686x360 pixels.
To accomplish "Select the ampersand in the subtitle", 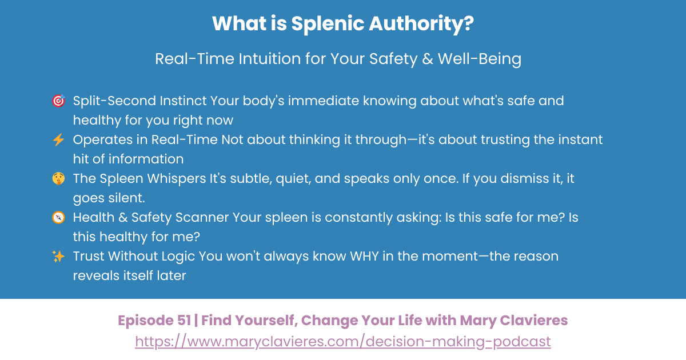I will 426,59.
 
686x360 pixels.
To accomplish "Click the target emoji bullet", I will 58,102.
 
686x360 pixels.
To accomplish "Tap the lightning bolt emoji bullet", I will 58,140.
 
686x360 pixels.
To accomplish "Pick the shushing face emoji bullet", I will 58,179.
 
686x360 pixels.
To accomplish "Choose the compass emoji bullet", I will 58,218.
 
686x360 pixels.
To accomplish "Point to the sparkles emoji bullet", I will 58,257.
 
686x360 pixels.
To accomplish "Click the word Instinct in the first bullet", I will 185,101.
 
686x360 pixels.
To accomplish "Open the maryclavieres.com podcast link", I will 343,342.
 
